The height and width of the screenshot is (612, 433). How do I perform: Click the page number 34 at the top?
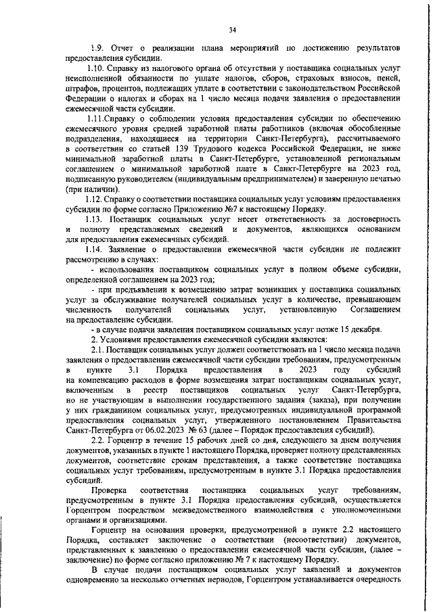[x=232, y=29]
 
